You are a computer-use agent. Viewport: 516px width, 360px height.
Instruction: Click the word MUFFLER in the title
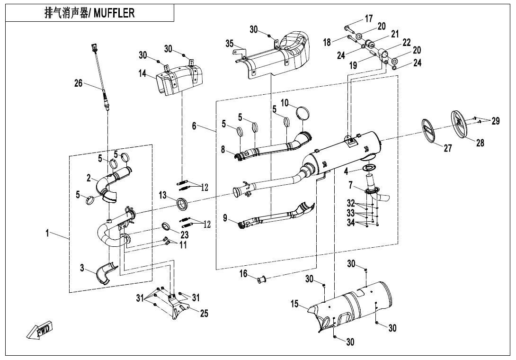[x=114, y=13]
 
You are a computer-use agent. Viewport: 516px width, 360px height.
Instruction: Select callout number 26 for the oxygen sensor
[x=78, y=83]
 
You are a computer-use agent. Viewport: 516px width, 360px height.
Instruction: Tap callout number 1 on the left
[x=48, y=234]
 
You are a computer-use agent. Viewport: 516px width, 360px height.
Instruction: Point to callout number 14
[x=142, y=73]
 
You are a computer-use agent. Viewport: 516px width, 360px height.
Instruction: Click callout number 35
[x=230, y=44]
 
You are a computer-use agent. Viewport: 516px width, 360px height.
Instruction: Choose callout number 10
[x=285, y=103]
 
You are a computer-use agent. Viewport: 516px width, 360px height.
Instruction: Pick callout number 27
[x=447, y=148]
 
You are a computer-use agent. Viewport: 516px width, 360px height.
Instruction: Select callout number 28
[x=480, y=142]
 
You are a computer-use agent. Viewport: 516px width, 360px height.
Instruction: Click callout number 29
[x=495, y=121]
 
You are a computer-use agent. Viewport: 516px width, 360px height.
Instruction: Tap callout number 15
[x=295, y=304]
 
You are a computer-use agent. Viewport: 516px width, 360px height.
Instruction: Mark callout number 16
[x=243, y=273]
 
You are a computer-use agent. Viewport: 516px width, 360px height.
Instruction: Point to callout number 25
[x=204, y=313]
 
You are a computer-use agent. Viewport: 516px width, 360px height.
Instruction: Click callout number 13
[x=162, y=195]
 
